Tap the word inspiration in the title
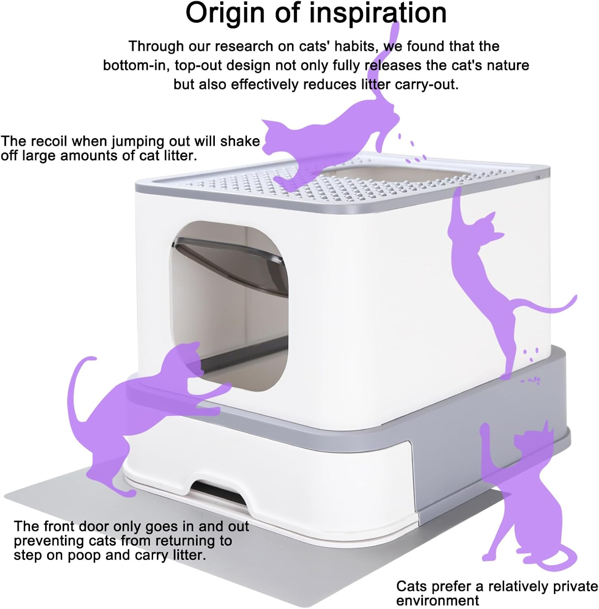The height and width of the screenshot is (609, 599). click(378, 14)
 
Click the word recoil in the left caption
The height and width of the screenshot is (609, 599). click(49, 141)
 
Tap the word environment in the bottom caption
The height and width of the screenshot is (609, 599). click(438, 600)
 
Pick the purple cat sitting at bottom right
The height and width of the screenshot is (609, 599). click(524, 499)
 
